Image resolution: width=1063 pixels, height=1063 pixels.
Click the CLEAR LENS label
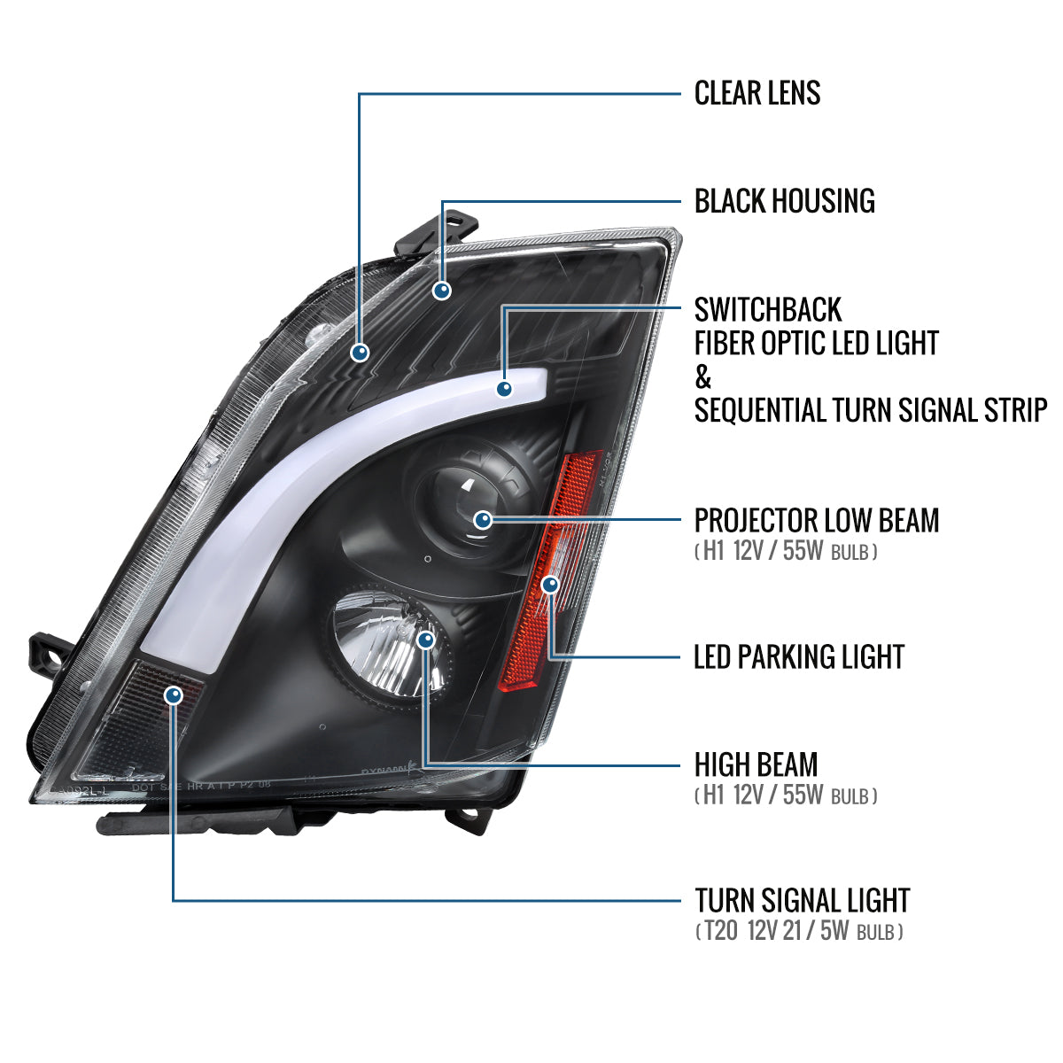click(x=757, y=93)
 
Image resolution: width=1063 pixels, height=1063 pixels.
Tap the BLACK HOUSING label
click(x=784, y=201)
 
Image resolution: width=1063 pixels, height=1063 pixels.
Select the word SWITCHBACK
click(x=768, y=310)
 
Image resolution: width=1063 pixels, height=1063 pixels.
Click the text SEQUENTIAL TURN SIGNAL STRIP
click(x=870, y=410)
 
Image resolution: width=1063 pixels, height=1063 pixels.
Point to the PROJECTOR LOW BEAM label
click(x=816, y=520)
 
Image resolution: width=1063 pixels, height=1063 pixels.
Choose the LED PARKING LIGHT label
click(x=799, y=656)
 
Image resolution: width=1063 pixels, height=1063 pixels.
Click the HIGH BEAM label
click(x=756, y=764)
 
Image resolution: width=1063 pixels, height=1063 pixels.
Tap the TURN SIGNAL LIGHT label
click(x=802, y=901)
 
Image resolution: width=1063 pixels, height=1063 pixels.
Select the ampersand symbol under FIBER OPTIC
click(x=703, y=377)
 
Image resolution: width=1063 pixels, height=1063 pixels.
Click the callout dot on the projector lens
click(x=484, y=520)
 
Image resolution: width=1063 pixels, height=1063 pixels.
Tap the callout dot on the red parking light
click(x=550, y=585)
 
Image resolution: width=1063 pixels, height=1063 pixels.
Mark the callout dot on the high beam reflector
click(x=426, y=640)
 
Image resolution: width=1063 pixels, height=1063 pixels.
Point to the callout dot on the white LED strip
click(x=504, y=388)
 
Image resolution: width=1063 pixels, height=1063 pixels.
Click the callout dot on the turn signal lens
click(x=174, y=695)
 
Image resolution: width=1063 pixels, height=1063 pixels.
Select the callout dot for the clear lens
click(x=360, y=353)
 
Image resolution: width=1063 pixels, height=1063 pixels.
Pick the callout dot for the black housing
click(x=441, y=290)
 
